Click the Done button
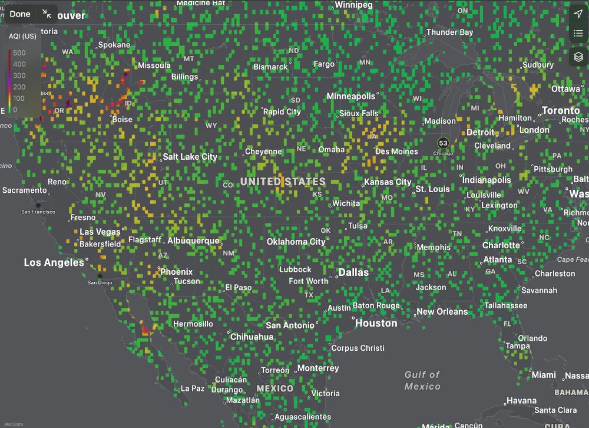click(x=20, y=14)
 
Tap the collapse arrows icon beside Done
click(x=47, y=14)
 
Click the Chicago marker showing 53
click(x=443, y=143)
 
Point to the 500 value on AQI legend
click(x=19, y=53)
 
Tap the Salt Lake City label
click(x=190, y=157)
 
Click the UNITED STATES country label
click(x=283, y=182)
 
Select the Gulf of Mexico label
click(x=422, y=380)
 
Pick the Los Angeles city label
click(x=54, y=262)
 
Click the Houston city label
click(x=376, y=323)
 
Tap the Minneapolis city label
click(x=350, y=96)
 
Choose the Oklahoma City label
click(x=296, y=242)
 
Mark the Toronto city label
click(x=561, y=110)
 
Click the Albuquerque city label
click(x=193, y=241)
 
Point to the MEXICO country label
click(x=274, y=389)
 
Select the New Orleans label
click(x=442, y=312)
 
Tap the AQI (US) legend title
click(x=22, y=37)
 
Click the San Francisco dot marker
click(x=38, y=205)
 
